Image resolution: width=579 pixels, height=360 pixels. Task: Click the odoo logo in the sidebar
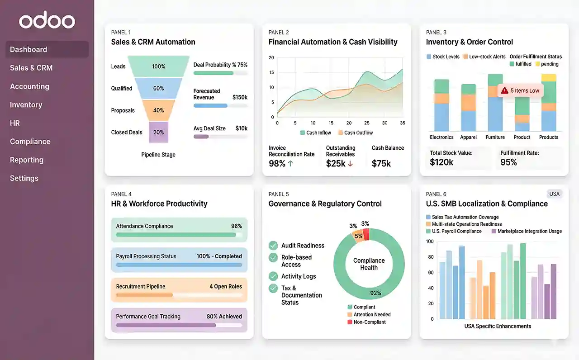(x=47, y=21)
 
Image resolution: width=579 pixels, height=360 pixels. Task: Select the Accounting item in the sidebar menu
(x=29, y=86)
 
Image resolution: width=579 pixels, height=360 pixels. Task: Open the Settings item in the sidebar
(x=24, y=178)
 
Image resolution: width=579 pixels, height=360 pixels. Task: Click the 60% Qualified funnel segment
(x=158, y=88)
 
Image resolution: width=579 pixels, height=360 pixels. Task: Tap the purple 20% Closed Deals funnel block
(x=158, y=132)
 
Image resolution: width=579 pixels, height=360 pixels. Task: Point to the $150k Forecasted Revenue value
(x=240, y=97)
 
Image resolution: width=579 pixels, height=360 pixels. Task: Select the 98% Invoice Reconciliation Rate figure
(x=277, y=163)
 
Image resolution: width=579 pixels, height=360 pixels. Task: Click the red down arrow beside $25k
(x=350, y=164)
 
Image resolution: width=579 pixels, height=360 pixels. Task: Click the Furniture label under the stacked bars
(x=495, y=137)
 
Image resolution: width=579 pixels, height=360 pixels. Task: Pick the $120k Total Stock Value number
(x=441, y=162)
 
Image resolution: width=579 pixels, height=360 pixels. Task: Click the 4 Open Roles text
(x=225, y=286)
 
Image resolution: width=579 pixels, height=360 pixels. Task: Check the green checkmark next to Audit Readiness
(x=273, y=245)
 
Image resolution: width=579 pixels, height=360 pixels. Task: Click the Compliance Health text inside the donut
(x=369, y=264)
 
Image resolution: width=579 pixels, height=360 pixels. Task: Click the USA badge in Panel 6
(x=554, y=194)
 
